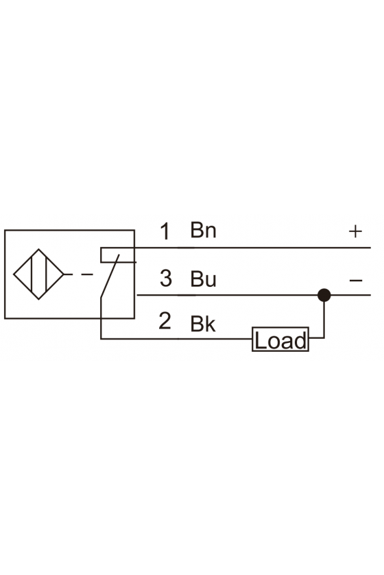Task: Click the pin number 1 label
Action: (x=165, y=231)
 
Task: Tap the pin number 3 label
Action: (x=166, y=278)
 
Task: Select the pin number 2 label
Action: (x=165, y=321)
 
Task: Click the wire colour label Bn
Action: (x=203, y=230)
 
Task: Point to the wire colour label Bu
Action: (x=203, y=279)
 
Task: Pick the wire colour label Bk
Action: (x=203, y=324)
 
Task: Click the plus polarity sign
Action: (x=355, y=231)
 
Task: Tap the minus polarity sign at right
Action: (x=356, y=281)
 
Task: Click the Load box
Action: (x=280, y=340)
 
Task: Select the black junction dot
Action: (x=324, y=295)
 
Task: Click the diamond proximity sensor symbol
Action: (x=38, y=274)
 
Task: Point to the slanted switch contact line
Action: (x=110, y=276)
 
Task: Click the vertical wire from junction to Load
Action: (x=324, y=316)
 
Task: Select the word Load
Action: (x=280, y=340)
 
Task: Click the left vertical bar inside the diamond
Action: (x=32, y=274)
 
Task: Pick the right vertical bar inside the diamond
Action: (x=47, y=274)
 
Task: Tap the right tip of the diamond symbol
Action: (x=64, y=274)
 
